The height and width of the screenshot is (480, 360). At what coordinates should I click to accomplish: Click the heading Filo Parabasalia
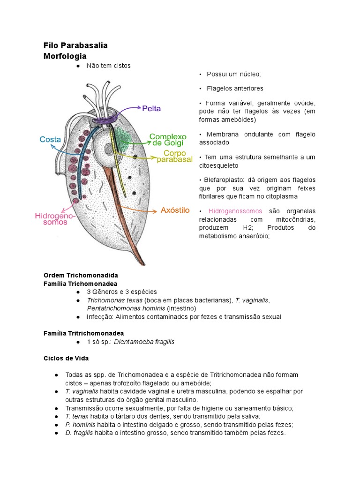click(x=75, y=45)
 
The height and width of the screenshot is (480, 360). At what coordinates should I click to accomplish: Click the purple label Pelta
click(x=151, y=108)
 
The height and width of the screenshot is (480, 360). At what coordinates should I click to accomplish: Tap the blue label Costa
click(x=50, y=139)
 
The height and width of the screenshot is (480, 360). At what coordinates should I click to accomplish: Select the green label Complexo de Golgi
click(x=167, y=139)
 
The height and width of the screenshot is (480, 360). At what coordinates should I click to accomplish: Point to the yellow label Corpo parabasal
click(x=174, y=157)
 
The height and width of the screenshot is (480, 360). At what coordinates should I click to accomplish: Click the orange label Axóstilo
click(x=175, y=210)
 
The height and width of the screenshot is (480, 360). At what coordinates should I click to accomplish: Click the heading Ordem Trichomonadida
click(x=80, y=275)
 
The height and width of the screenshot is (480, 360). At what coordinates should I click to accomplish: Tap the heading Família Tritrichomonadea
click(x=83, y=333)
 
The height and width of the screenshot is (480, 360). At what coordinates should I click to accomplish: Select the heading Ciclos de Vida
click(x=66, y=358)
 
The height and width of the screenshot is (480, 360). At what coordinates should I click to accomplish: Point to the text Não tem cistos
click(x=108, y=66)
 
